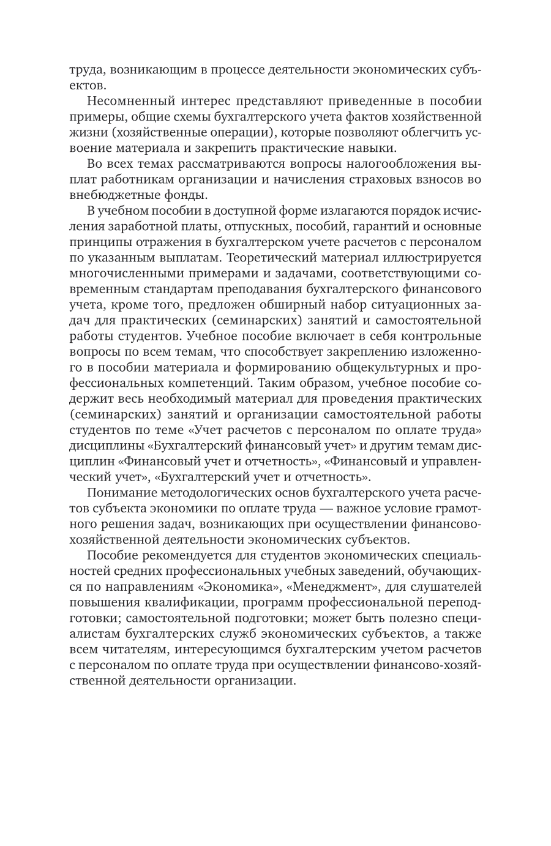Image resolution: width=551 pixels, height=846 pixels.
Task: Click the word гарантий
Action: pos(371,227)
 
